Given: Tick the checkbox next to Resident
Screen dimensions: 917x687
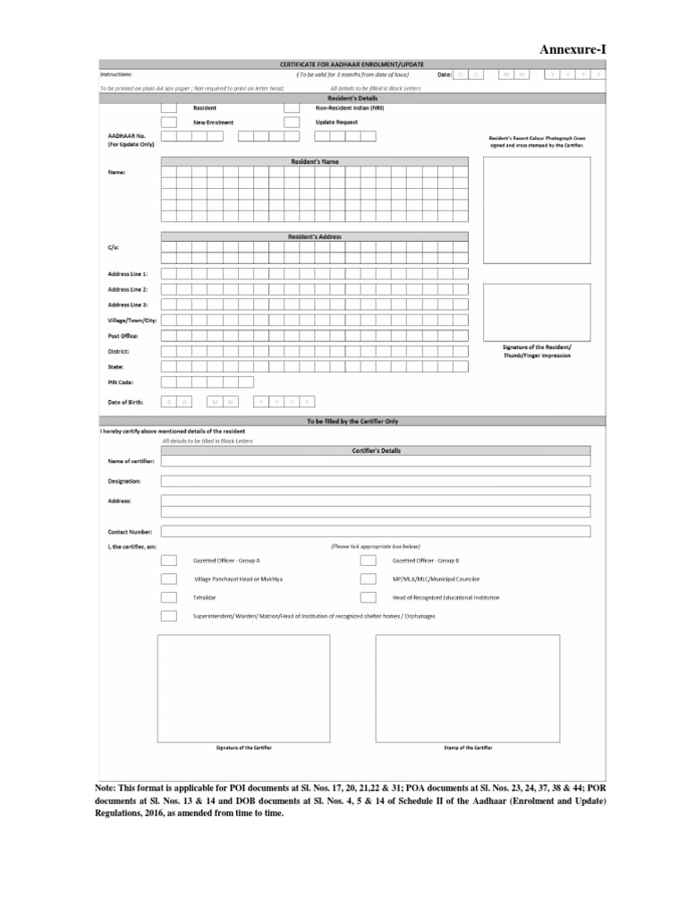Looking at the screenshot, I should (x=168, y=107).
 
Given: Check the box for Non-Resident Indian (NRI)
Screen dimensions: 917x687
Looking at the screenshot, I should (x=291, y=107).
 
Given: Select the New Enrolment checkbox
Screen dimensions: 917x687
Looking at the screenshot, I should (x=168, y=122).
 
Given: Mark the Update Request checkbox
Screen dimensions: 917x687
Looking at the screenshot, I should (x=291, y=122).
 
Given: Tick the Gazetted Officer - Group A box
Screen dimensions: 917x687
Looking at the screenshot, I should (x=168, y=561).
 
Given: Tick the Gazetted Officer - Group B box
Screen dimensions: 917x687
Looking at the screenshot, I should (x=368, y=561).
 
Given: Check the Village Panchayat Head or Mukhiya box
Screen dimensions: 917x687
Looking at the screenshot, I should (x=168, y=579).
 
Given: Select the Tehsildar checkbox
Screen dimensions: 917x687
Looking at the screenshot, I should (x=168, y=597).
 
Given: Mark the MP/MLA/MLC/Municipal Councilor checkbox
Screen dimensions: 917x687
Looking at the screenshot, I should (x=368, y=579).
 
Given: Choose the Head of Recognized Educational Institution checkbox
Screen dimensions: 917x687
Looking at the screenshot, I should (x=368, y=597).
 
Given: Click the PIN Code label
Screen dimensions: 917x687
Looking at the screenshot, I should (x=121, y=383).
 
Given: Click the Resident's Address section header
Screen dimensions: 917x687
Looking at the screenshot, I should (x=314, y=236).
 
